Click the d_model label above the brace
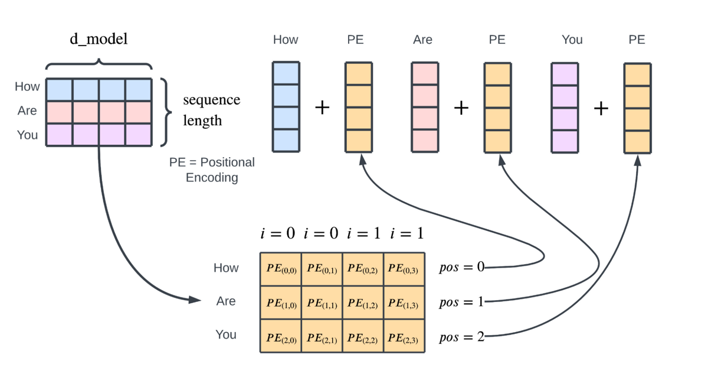point(99,40)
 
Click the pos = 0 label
point(461,267)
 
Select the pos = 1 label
point(461,302)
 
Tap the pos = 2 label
point(461,337)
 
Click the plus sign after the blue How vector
point(322,108)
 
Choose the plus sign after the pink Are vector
point(461,108)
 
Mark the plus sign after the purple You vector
point(601,108)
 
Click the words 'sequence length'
point(211,110)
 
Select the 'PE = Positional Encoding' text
point(212,170)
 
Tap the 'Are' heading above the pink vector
point(422,40)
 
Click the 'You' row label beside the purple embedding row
point(27,135)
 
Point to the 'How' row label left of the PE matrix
point(226,268)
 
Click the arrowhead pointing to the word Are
point(195,300)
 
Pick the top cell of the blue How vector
point(286,73)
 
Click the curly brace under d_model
point(99,64)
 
